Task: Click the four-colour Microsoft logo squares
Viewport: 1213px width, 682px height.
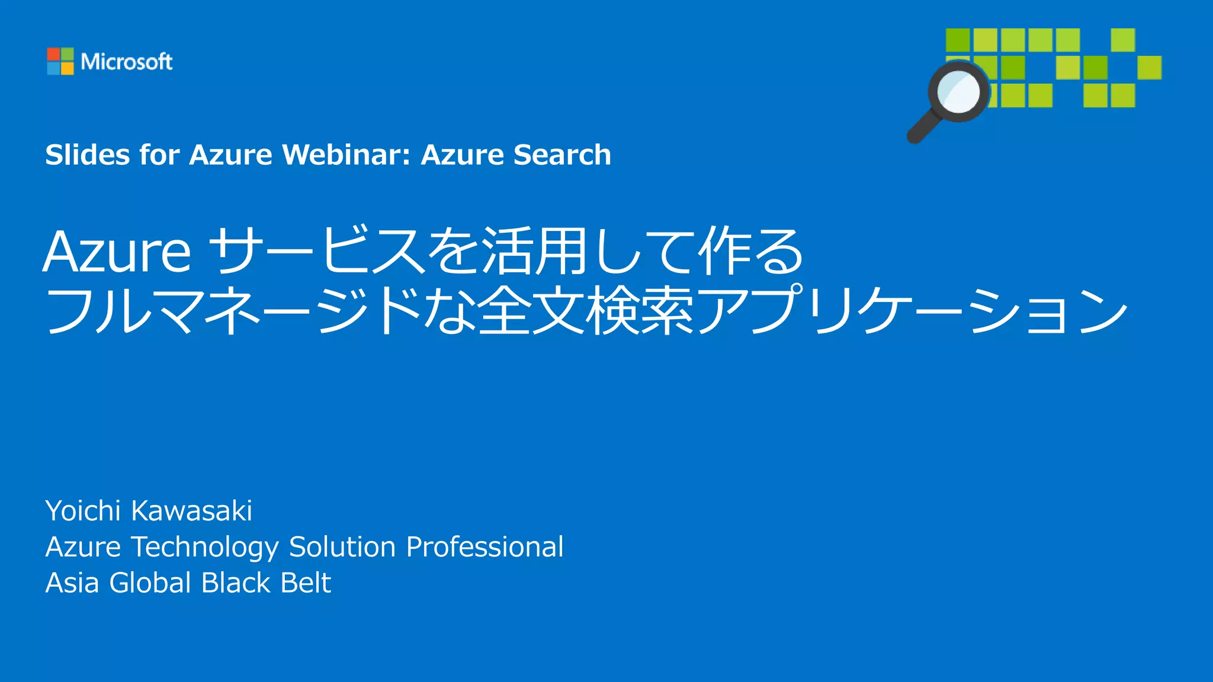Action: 60,61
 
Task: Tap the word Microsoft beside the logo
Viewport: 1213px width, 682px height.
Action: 126,62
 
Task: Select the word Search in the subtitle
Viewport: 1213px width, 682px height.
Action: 562,155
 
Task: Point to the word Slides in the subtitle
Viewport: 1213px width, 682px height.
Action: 88,155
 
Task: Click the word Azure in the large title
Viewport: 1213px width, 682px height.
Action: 117,252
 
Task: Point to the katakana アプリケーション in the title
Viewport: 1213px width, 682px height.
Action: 912,311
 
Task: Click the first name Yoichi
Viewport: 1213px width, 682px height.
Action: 84,511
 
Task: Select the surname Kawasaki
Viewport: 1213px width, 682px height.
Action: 191,511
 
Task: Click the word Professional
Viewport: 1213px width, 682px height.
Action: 484,547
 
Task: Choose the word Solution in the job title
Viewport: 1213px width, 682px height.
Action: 342,547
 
